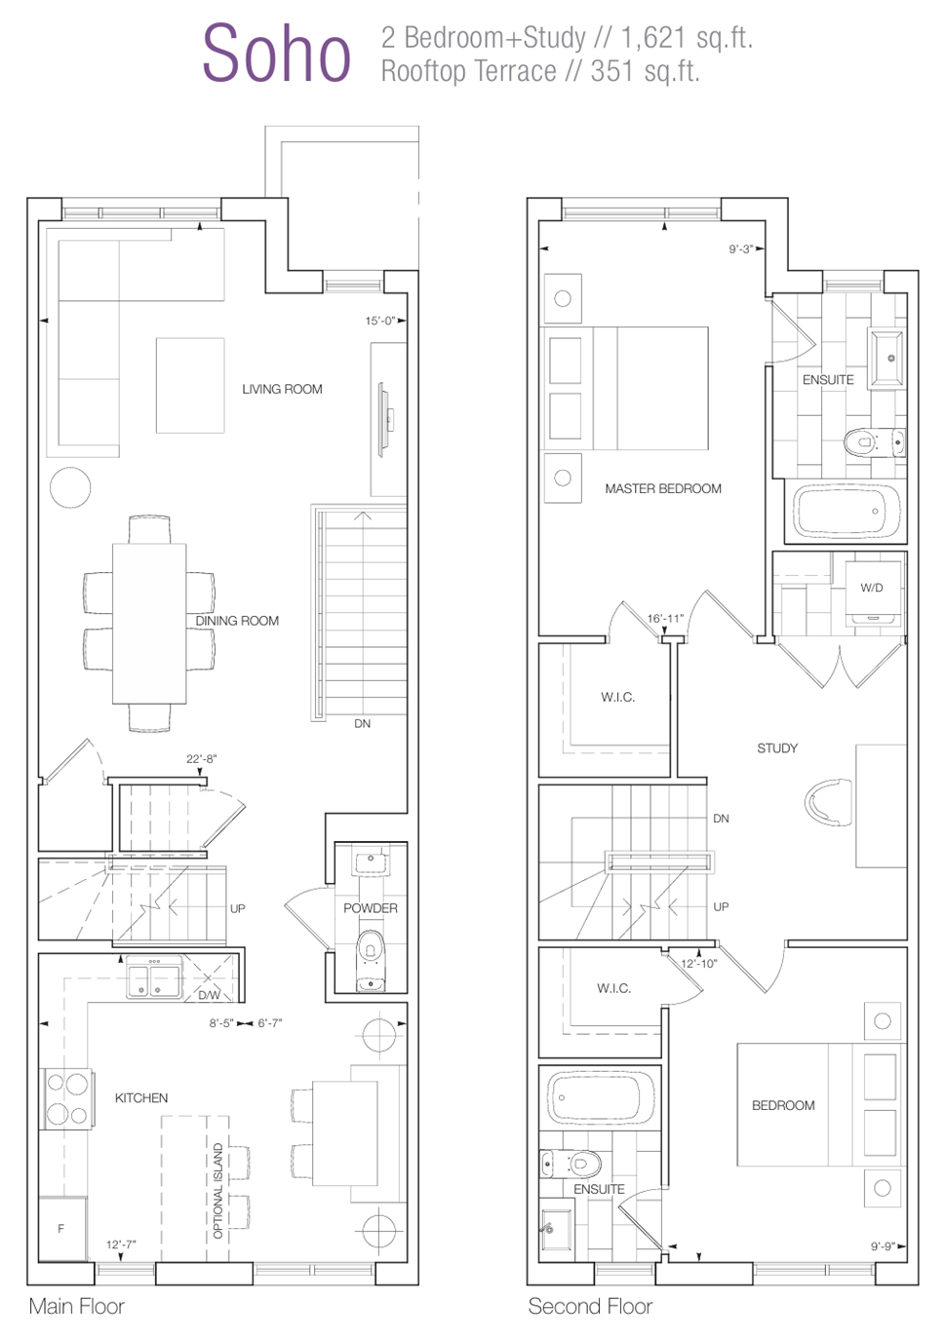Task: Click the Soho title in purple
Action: tap(276, 54)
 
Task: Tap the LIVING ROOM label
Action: tap(282, 390)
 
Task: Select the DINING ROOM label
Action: tap(237, 621)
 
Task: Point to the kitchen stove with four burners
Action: tap(66, 1099)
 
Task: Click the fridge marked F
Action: tap(62, 1228)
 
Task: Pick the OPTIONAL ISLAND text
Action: tap(217, 1191)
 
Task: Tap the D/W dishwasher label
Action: tap(210, 995)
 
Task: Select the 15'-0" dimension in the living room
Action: tap(380, 321)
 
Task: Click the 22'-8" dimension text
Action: tap(201, 758)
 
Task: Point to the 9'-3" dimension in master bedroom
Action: tap(741, 249)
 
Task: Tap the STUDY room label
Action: tap(777, 748)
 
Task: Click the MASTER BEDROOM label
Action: tap(662, 489)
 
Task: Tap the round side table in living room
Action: tap(70, 488)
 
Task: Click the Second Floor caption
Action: tap(590, 1307)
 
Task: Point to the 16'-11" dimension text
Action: tap(665, 619)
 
